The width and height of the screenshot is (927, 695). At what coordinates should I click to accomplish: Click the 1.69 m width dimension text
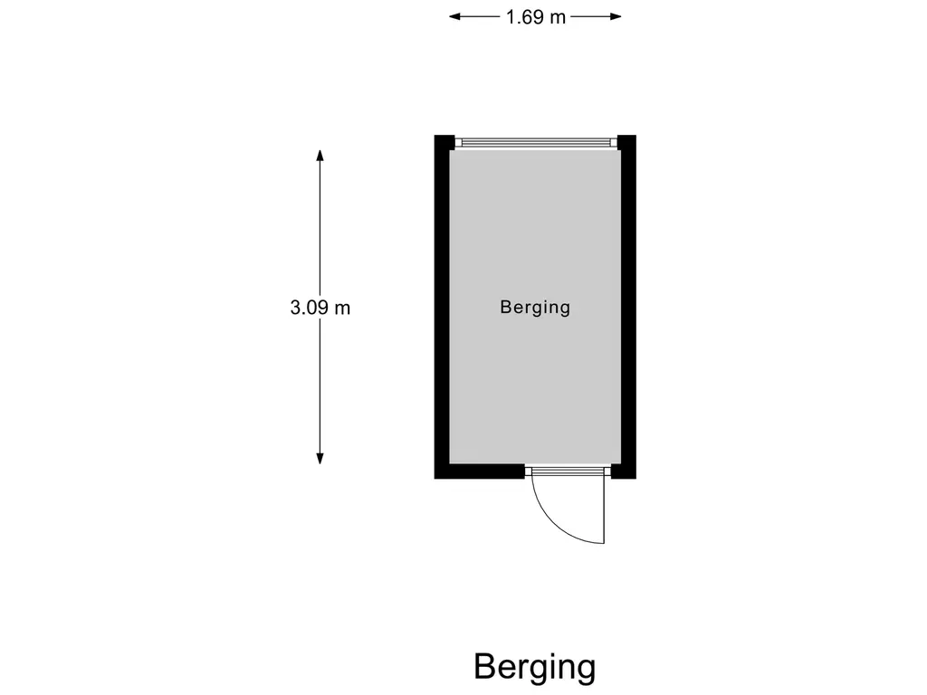click(536, 17)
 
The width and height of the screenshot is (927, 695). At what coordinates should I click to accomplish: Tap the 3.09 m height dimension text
click(320, 308)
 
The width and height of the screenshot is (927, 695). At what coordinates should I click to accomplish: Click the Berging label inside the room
click(535, 308)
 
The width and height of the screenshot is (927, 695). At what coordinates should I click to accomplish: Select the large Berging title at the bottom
click(534, 668)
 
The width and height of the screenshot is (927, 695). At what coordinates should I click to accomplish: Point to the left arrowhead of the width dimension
click(454, 16)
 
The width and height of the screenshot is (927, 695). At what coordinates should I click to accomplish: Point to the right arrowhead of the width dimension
click(616, 16)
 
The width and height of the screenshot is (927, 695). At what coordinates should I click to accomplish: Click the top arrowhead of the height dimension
click(320, 156)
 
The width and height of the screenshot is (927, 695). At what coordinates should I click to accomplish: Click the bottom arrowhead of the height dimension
click(320, 458)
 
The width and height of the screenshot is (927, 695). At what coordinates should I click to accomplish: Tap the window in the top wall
click(536, 142)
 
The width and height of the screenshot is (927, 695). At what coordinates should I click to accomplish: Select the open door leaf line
click(604, 509)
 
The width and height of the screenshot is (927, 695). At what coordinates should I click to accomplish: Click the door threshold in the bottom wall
click(568, 471)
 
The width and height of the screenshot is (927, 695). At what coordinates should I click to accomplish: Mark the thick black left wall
click(442, 306)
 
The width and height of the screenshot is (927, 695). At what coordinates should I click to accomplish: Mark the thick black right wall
click(628, 306)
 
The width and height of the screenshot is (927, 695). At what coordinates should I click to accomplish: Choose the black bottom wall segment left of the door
click(480, 471)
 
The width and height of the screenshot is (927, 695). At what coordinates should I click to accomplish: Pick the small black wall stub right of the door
click(623, 471)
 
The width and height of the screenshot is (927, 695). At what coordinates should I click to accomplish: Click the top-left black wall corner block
click(444, 142)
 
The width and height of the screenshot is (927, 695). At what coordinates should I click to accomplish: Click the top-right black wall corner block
click(626, 142)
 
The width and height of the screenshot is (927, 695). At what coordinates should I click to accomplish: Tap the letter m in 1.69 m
click(558, 19)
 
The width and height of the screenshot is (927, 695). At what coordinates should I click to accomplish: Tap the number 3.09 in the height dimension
click(311, 308)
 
